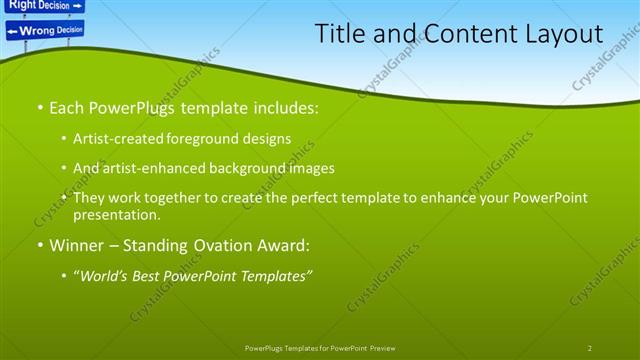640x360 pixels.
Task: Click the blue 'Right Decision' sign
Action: pos(41,5)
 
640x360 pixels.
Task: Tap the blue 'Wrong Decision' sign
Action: pos(44,31)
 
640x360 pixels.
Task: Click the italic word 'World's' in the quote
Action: pos(105,275)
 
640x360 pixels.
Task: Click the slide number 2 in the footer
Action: pos(589,348)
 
